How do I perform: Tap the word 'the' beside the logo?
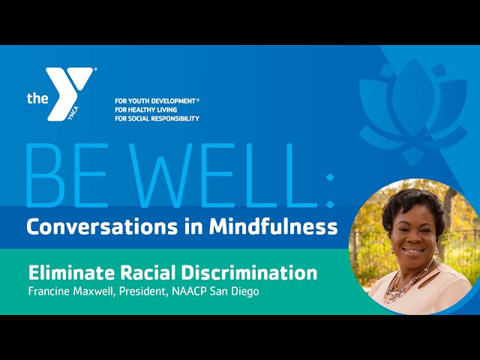pyautogui.click(x=37, y=98)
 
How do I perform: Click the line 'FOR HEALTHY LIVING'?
pyautogui.click(x=146, y=109)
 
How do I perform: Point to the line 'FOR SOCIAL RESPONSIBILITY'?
pyautogui.click(x=157, y=118)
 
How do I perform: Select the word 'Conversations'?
pyautogui.click(x=102, y=226)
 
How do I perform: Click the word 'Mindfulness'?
pyautogui.click(x=273, y=226)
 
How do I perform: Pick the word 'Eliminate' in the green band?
pyautogui.click(x=72, y=273)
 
